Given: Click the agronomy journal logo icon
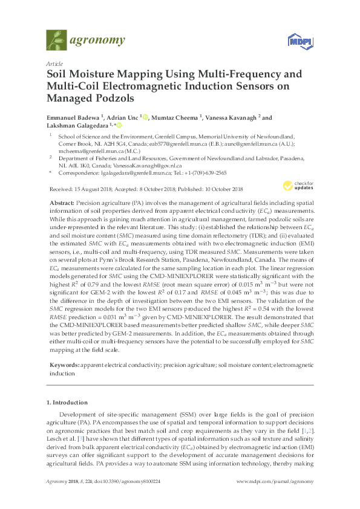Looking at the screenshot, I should pyautogui.click(x=56, y=40).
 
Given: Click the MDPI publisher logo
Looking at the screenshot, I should pyautogui.click(x=295, y=41).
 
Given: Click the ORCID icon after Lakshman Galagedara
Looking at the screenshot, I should pyautogui.click(x=119, y=126).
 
